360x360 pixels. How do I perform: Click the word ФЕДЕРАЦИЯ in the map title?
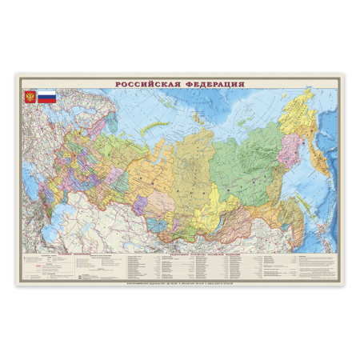click(x=214, y=83)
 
